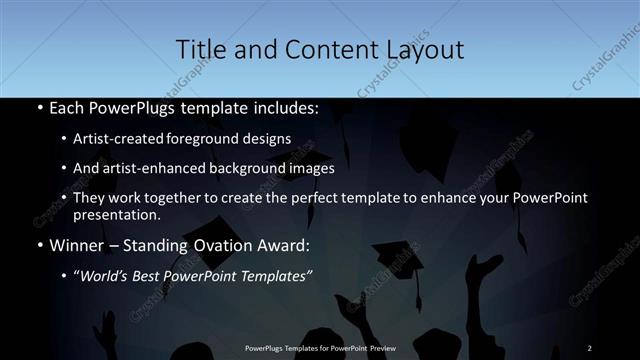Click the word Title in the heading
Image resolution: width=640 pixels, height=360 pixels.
tap(198, 50)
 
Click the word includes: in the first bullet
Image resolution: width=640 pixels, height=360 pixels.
tap(284, 108)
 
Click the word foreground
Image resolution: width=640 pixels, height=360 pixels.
tap(218, 139)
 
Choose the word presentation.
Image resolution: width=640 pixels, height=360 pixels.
tap(116, 214)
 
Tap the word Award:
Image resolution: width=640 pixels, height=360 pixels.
tap(286, 243)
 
